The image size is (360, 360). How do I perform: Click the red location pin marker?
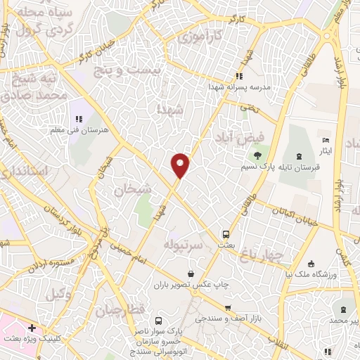181,164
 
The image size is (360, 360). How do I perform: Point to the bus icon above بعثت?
226,234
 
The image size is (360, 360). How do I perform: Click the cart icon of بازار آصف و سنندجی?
228,308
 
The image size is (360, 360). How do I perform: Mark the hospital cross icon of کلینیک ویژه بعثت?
32,327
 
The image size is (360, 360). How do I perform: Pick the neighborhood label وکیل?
60,294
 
